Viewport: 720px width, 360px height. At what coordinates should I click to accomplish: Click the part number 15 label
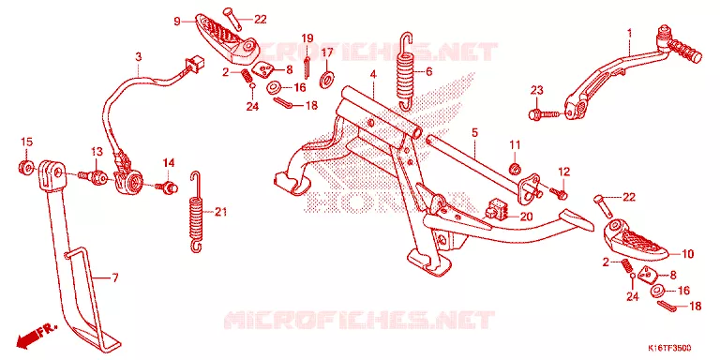coord(26,142)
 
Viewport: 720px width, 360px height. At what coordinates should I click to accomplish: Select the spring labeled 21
coord(197,212)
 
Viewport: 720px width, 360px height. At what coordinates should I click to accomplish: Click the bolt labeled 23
coord(543,112)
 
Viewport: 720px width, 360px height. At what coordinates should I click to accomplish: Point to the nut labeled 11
coord(516,167)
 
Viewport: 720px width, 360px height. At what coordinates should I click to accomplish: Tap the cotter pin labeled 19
coord(307,64)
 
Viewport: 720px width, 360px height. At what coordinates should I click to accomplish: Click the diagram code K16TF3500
coord(669,348)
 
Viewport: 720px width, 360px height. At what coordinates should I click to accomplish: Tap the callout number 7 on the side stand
coord(115,277)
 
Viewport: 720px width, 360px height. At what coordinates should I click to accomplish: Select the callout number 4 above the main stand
coord(373,73)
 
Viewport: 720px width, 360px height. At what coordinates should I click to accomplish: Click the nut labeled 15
coord(26,167)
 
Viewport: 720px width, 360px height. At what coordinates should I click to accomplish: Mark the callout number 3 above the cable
coord(138,56)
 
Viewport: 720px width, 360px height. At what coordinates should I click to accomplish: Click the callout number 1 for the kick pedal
coord(630,33)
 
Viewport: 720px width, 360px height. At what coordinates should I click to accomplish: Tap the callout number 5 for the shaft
coord(473,133)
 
